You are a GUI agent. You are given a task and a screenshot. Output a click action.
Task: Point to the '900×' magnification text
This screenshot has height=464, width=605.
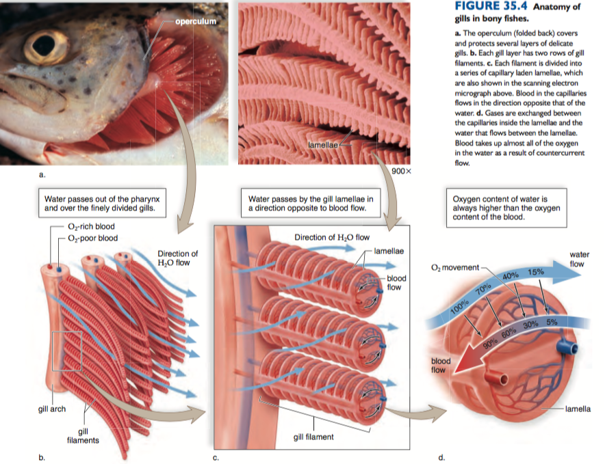pos(401,169)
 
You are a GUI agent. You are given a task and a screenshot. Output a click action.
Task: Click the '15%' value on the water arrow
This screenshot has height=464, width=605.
pos(535,272)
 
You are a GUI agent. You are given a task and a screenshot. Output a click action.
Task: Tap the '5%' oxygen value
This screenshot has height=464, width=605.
pos(553,322)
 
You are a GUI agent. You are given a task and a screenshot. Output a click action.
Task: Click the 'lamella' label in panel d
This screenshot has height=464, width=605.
pos(578,409)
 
